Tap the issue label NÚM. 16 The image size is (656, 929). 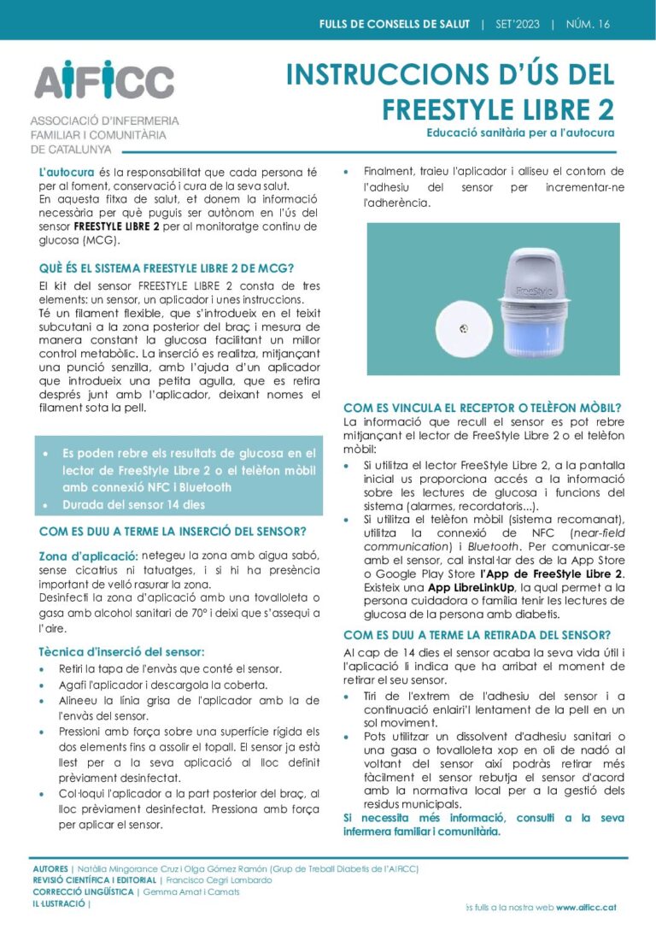(x=588, y=24)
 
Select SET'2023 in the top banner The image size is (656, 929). (x=518, y=24)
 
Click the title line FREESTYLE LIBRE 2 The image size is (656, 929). (x=498, y=109)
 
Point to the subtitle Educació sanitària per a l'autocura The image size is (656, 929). (x=520, y=133)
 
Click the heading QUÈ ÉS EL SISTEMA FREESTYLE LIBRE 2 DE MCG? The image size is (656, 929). (x=167, y=268)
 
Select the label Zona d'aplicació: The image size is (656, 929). (x=88, y=556)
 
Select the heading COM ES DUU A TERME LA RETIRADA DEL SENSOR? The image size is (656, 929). (x=477, y=635)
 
